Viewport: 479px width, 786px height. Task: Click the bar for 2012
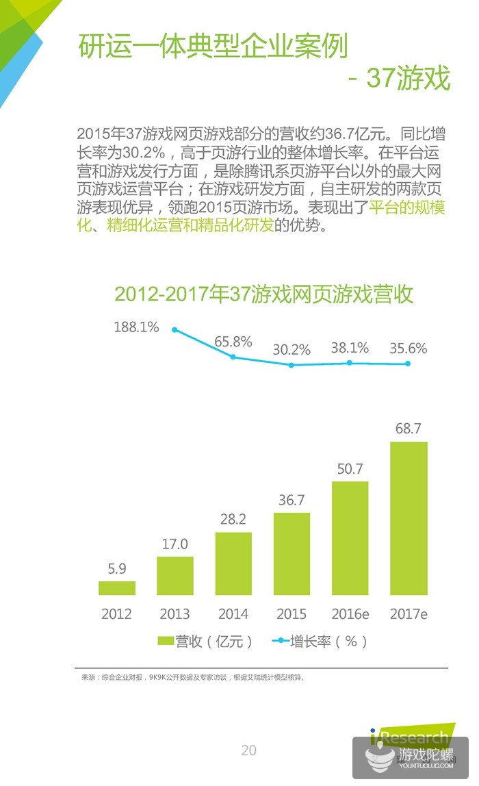(x=116, y=587)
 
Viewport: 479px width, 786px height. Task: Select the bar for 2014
(x=233, y=563)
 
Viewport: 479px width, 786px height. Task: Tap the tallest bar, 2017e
(x=409, y=518)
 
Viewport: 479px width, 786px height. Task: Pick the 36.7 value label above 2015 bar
(x=292, y=500)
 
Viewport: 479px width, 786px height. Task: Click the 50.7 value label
(x=350, y=469)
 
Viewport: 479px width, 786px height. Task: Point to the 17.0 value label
(x=175, y=544)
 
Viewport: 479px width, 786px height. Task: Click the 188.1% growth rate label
(x=137, y=327)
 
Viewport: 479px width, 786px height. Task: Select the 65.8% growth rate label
(x=233, y=341)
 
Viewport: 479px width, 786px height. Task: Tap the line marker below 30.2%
(x=292, y=365)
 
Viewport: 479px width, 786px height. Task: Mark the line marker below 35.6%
(x=409, y=364)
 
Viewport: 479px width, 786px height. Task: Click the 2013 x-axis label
(x=174, y=614)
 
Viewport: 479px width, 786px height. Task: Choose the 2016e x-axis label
(x=350, y=614)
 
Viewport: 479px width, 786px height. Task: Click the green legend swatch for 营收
(x=166, y=641)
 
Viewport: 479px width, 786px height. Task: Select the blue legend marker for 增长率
(x=281, y=641)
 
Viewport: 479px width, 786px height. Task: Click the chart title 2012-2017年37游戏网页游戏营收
(x=263, y=294)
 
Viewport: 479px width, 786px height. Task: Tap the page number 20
(x=248, y=750)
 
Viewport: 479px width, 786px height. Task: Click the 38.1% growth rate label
(x=350, y=348)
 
